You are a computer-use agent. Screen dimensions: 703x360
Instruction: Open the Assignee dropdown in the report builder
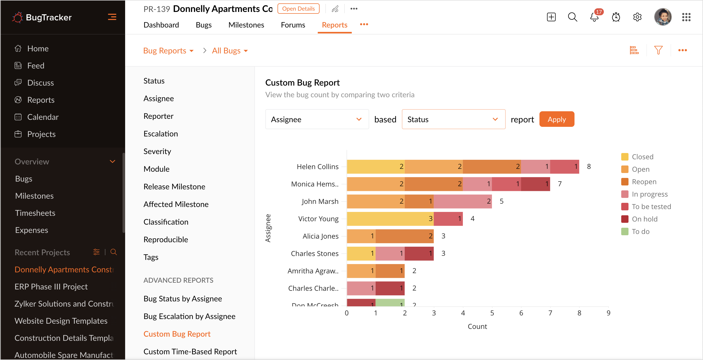click(x=317, y=119)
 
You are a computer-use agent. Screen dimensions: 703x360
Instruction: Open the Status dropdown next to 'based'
click(x=453, y=119)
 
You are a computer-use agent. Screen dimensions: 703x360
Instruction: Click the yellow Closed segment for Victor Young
click(x=390, y=219)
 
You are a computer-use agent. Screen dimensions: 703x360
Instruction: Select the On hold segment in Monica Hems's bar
click(x=536, y=184)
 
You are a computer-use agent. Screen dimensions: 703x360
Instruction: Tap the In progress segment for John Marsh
click(x=463, y=201)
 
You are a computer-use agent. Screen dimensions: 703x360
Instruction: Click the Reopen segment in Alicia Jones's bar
click(x=405, y=236)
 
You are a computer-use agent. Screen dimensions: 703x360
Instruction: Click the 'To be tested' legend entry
click(x=646, y=206)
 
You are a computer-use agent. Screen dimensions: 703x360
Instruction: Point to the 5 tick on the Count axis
click(x=492, y=313)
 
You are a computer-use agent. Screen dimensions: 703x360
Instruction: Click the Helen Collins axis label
click(x=318, y=167)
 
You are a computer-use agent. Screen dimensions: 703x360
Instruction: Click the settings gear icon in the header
click(x=637, y=17)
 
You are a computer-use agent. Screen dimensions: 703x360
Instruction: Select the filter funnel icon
click(x=658, y=50)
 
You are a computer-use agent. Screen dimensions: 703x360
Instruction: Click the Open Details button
click(x=298, y=9)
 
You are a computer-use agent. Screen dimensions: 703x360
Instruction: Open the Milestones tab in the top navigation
click(x=246, y=25)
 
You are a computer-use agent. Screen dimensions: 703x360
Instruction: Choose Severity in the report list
click(x=157, y=151)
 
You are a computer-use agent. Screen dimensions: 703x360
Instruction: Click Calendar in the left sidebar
click(x=43, y=117)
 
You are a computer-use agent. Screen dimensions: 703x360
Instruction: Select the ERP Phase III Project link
click(x=51, y=287)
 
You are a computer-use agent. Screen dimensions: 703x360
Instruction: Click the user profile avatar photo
click(x=663, y=17)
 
